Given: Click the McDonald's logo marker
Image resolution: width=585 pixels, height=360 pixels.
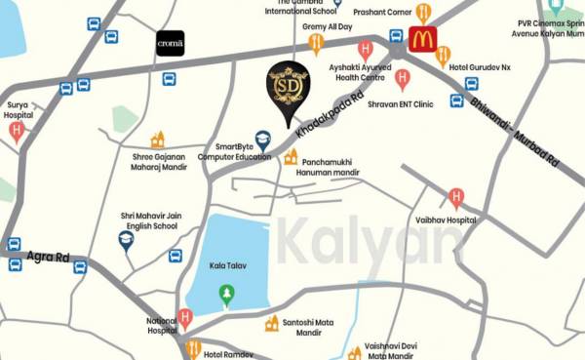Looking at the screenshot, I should tap(422, 40).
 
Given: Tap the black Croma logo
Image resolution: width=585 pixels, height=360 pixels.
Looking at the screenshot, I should tap(170, 44).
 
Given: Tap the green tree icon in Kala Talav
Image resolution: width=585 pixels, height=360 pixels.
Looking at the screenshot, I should tap(226, 293).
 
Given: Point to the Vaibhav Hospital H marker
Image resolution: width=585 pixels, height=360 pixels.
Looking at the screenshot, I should tap(455, 199).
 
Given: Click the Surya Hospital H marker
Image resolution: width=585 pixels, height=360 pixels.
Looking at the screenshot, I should tap(17, 131).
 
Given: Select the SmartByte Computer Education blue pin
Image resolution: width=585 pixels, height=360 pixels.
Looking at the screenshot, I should tap(262, 140).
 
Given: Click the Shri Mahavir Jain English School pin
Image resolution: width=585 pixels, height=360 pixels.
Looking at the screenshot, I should tap(126, 240).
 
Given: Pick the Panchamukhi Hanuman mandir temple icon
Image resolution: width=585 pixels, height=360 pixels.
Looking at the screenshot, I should tap(290, 156).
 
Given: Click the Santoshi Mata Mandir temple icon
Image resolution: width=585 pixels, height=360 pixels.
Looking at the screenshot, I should tap(272, 323).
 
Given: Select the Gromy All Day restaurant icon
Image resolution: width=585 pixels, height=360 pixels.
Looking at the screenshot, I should tap(316, 43).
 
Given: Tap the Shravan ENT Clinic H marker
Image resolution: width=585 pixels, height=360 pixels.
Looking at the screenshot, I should tap(402, 79).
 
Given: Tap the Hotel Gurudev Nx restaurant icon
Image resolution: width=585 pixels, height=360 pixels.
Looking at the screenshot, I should tap(444, 56).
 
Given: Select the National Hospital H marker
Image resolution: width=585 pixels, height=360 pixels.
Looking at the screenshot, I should tap(185, 317).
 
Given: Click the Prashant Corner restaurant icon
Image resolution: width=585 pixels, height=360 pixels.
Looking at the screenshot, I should tap(422, 14).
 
